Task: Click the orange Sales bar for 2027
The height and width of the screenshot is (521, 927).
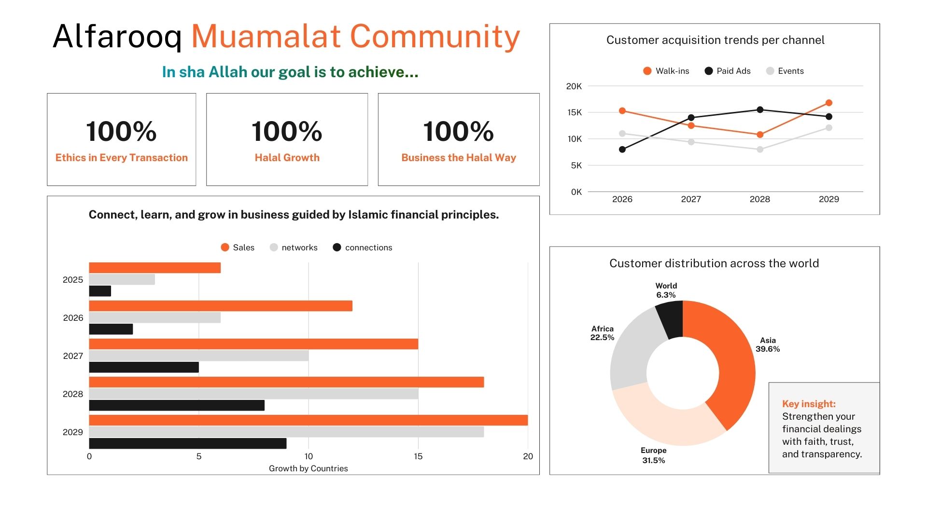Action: (x=253, y=344)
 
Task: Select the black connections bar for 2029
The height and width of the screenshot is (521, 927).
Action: (x=187, y=443)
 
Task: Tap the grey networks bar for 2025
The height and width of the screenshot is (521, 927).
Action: (x=122, y=279)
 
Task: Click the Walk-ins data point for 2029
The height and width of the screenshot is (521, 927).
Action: (x=829, y=103)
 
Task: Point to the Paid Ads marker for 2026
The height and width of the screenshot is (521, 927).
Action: (x=622, y=150)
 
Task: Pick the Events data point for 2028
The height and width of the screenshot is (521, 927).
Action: (x=760, y=150)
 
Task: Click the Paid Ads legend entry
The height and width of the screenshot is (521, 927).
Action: (x=728, y=71)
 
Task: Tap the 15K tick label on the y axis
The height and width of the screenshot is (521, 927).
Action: (x=575, y=112)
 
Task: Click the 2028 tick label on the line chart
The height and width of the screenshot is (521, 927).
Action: (x=759, y=199)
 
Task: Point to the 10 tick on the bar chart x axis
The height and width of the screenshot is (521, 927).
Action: (x=309, y=456)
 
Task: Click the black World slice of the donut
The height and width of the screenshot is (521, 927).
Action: (x=671, y=318)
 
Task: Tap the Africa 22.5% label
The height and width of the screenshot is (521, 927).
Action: (x=602, y=333)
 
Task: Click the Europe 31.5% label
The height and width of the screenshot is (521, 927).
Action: (x=654, y=455)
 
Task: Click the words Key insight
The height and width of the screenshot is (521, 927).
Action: (x=809, y=404)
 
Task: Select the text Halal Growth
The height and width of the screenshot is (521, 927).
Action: (x=287, y=158)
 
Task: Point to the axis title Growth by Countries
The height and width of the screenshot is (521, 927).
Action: (x=308, y=468)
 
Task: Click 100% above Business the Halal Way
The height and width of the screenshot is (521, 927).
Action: (x=459, y=131)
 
